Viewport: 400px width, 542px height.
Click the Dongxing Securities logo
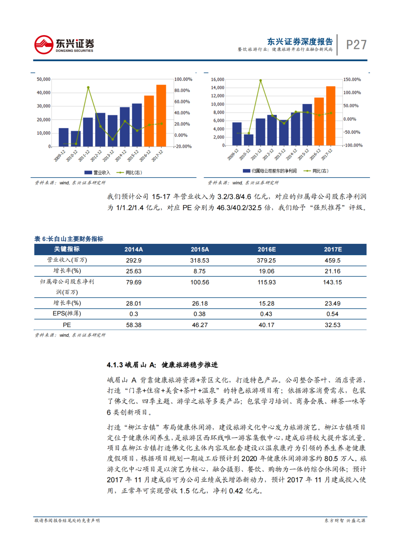[64, 45]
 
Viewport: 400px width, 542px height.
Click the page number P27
[356, 45]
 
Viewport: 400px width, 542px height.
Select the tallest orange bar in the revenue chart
[161, 115]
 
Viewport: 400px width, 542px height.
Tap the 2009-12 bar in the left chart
[64, 137]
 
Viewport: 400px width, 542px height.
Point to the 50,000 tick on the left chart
[43, 79]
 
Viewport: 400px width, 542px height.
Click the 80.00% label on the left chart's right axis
[182, 90]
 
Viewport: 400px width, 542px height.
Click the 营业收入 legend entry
[97, 172]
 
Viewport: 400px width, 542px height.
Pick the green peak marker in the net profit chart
[260, 80]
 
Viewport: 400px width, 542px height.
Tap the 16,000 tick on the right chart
[217, 80]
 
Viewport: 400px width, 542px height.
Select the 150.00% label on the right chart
[352, 80]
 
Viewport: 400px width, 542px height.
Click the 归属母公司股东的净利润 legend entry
[270, 171]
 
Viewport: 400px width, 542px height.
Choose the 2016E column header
[267, 249]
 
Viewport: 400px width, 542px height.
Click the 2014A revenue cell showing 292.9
[134, 260]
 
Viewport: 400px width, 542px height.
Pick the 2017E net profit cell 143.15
[332, 282]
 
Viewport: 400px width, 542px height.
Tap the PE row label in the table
[67, 325]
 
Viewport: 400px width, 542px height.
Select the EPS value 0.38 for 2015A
[199, 314]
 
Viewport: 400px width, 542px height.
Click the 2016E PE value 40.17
[266, 325]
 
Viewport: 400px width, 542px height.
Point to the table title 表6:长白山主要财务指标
[69, 239]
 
